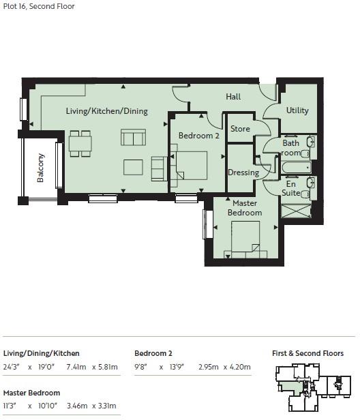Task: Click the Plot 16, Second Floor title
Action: pyautogui.click(x=39, y=7)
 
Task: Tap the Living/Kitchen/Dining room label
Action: pyautogui.click(x=106, y=111)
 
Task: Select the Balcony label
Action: pyautogui.click(x=42, y=168)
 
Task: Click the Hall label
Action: pyautogui.click(x=233, y=97)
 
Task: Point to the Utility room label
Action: pyautogui.click(x=297, y=110)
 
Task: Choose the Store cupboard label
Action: pyautogui.click(x=240, y=129)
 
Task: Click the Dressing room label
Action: pyautogui.click(x=243, y=172)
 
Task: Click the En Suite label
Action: pyautogui.click(x=291, y=189)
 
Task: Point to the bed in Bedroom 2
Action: pyautogui.click(x=192, y=166)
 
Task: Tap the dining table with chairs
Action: pyautogui.click(x=80, y=144)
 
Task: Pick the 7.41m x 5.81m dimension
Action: pyautogui.click(x=92, y=367)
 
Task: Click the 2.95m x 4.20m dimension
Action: pyautogui.click(x=224, y=367)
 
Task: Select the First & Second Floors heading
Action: pyautogui.click(x=307, y=353)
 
